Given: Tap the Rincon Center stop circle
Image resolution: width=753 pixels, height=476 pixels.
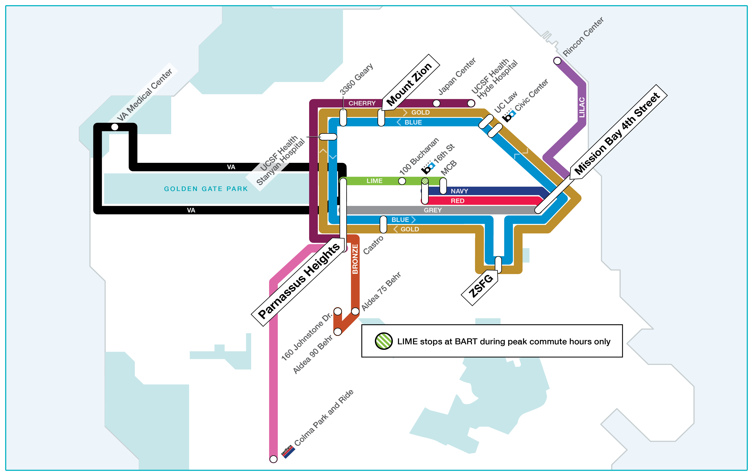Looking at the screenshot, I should pyautogui.click(x=557, y=61).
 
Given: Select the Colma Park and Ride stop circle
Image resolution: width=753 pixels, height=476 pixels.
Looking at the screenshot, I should pyautogui.click(x=273, y=459).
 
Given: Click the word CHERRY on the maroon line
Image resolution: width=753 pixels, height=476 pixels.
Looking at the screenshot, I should pyautogui.click(x=362, y=103).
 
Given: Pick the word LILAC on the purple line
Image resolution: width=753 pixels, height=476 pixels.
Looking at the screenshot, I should pyautogui.click(x=582, y=107).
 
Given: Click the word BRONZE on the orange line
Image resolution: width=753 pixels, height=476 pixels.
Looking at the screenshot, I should pyautogui.click(x=355, y=259).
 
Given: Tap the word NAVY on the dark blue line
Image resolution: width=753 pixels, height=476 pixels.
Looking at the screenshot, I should pyautogui.click(x=459, y=191).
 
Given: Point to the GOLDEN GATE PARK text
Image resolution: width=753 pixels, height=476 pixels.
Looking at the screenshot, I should pyautogui.click(x=206, y=189).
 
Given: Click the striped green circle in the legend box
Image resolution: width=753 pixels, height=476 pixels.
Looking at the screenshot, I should pyautogui.click(x=384, y=341).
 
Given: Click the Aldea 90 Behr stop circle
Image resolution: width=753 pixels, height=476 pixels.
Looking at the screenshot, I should pyautogui.click(x=338, y=331).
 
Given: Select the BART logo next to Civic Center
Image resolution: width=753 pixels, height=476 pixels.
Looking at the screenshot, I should pyautogui.click(x=509, y=116).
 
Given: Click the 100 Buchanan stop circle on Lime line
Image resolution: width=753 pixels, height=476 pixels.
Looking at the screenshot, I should pyautogui.click(x=402, y=181).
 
